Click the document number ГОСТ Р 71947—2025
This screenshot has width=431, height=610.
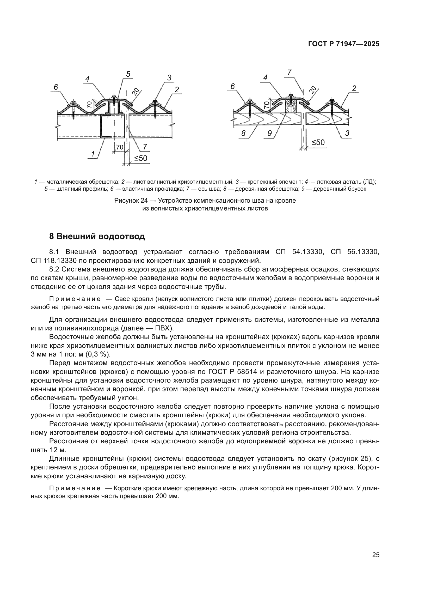click(x=344, y=44)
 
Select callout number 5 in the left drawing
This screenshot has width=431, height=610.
click(x=128, y=74)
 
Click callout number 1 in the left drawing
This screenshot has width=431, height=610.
click(x=93, y=154)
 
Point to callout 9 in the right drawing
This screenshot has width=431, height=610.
click(x=270, y=133)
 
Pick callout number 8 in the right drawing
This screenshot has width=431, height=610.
click(x=243, y=133)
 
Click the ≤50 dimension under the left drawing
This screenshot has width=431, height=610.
click(x=141, y=158)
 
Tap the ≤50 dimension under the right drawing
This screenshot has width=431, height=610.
click(x=318, y=143)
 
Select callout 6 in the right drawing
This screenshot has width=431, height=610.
click(x=233, y=86)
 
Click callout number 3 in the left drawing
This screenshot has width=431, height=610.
click(x=169, y=78)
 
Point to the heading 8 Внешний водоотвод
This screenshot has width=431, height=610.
click(x=97, y=236)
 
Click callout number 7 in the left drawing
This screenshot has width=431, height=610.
click(x=145, y=147)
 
